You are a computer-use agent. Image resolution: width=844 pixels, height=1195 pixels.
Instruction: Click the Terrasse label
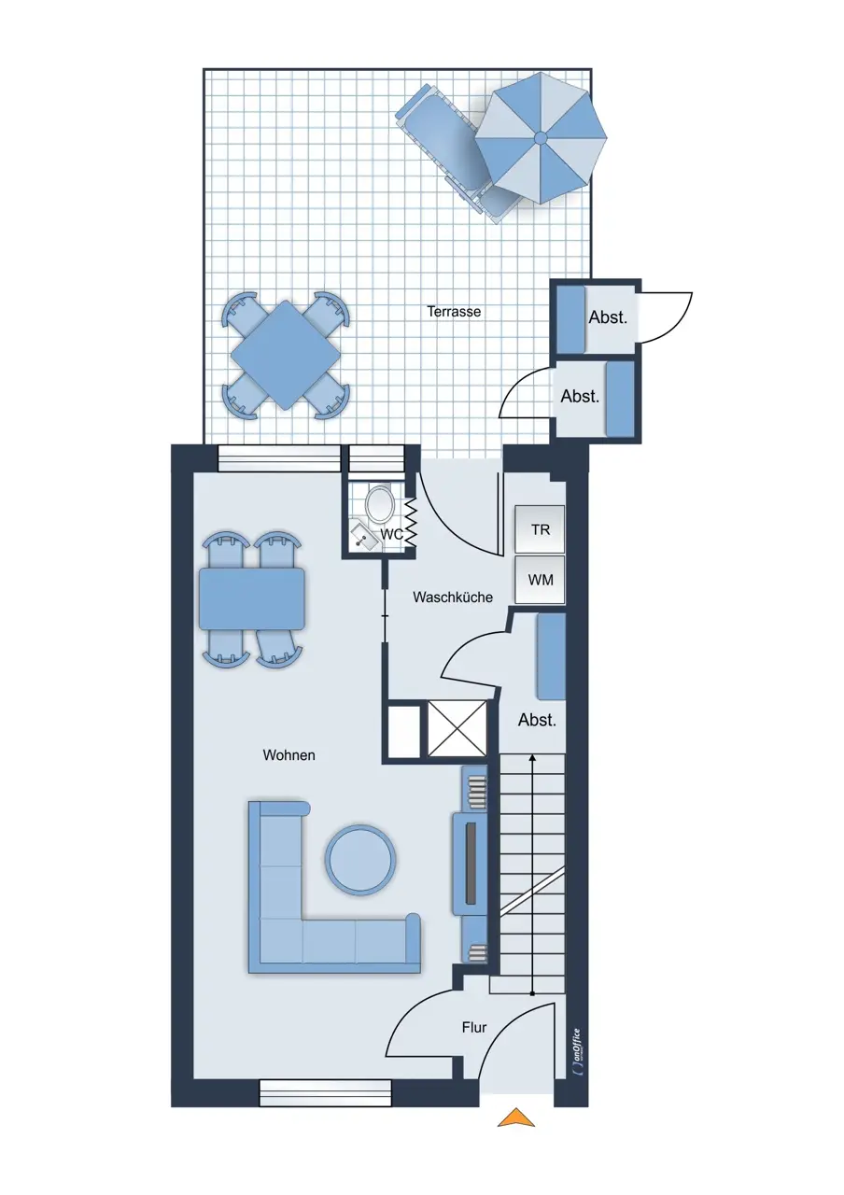pos(454,311)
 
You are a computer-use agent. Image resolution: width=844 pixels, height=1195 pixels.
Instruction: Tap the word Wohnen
pos(288,755)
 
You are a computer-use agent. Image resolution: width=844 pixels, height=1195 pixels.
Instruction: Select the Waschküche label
pos(453,597)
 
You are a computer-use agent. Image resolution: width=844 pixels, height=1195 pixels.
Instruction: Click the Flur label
pos(473,1027)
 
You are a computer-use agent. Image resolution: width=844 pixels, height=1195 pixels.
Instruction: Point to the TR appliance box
pos(540,528)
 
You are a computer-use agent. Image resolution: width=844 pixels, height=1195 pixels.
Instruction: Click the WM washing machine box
pos(540,580)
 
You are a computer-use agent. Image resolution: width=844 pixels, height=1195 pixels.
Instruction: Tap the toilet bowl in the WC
pos(379,503)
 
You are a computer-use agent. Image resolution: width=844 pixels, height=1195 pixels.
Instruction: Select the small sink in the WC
pos(365,537)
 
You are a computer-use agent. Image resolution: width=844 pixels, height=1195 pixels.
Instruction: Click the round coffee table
pos(360,859)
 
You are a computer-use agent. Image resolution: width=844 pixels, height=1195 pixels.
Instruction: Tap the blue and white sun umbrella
pos(541,137)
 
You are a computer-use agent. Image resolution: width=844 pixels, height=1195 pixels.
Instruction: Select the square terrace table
pos(286,355)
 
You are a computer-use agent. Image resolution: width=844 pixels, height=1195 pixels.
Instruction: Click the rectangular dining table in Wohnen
pos(252,598)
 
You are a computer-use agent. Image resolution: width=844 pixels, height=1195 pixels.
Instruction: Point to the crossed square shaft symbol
pos(457,728)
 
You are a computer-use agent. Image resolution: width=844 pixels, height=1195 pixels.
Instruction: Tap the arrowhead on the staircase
pos(532,758)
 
